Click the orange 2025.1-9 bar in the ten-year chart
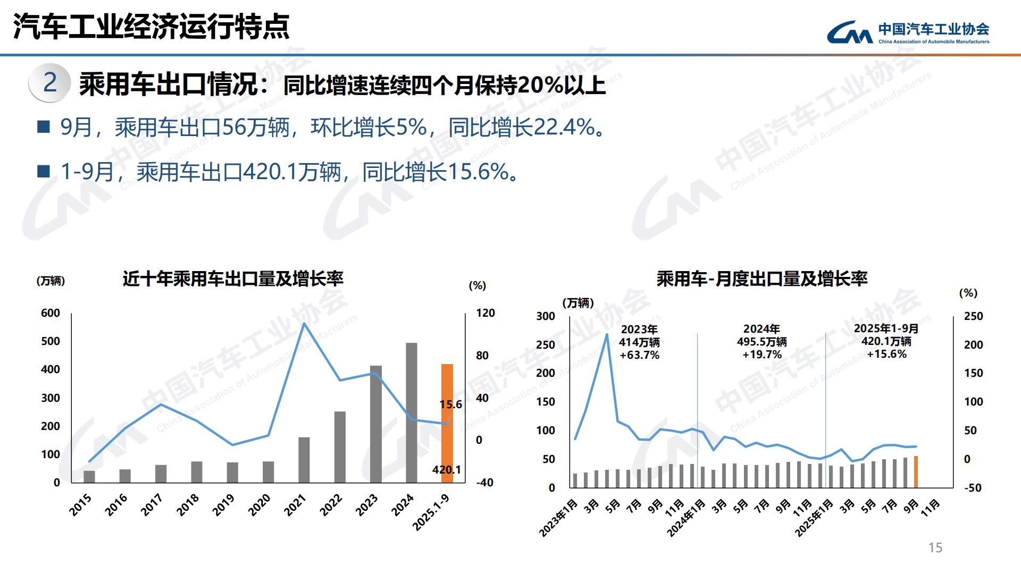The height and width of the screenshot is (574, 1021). pyautogui.click(x=447, y=423)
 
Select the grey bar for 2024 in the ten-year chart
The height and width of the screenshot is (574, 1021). pyautogui.click(x=411, y=412)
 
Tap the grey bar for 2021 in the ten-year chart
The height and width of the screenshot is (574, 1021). pyautogui.click(x=304, y=460)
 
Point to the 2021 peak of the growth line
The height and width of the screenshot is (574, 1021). pyautogui.click(x=304, y=323)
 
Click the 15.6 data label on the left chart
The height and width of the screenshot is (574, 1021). pyautogui.click(x=450, y=404)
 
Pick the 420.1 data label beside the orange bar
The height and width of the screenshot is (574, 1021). pyautogui.click(x=446, y=469)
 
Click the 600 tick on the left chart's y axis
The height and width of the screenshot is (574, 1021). pyautogui.click(x=51, y=313)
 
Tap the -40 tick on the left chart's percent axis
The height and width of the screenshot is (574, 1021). pyautogui.click(x=484, y=483)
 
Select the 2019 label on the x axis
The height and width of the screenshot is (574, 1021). pyautogui.click(x=223, y=505)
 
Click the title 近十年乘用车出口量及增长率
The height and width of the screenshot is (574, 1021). pyautogui.click(x=233, y=278)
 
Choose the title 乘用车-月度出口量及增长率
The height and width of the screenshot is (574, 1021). pyautogui.click(x=761, y=278)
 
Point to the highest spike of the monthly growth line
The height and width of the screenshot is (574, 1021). pyautogui.click(x=607, y=334)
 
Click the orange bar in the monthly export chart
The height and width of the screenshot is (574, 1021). pyautogui.click(x=916, y=471)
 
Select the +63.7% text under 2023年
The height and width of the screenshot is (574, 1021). pyautogui.click(x=639, y=355)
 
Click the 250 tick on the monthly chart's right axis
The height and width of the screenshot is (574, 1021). pyautogui.click(x=973, y=316)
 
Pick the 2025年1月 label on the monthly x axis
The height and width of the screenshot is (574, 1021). pyautogui.click(x=814, y=518)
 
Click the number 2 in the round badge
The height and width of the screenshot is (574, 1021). pyautogui.click(x=49, y=82)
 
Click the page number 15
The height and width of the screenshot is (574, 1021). pyautogui.click(x=935, y=547)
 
